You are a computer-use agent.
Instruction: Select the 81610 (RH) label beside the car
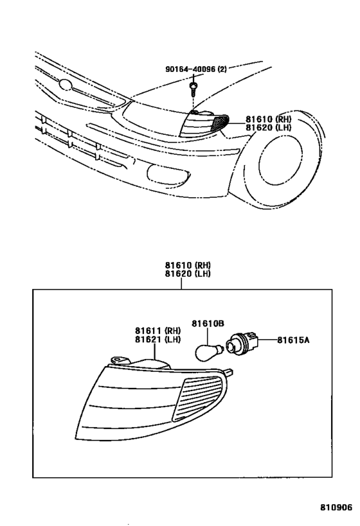click(268, 118)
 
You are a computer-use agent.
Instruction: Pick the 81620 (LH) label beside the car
click(268, 127)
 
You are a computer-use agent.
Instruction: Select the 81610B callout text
click(208, 324)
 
